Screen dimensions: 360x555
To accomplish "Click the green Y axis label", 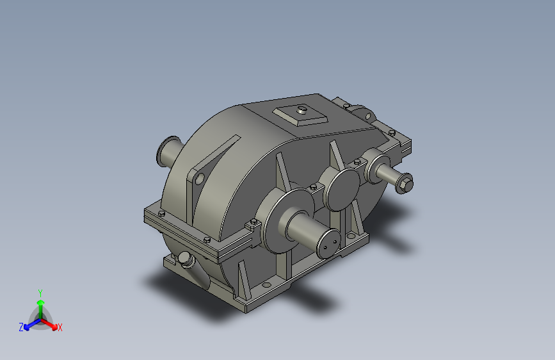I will (40, 291).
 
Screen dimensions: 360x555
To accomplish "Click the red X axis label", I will (60, 327).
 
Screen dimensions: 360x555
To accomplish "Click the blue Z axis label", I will (21, 327).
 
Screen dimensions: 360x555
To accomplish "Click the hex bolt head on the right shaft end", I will (405, 183).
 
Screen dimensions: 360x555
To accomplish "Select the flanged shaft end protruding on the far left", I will (167, 151).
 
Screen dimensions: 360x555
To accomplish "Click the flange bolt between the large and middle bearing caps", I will (313, 186).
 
